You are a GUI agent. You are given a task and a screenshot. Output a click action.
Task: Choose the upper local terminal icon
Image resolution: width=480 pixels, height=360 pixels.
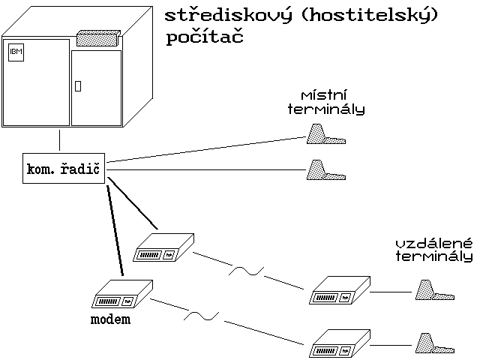(x=325, y=135)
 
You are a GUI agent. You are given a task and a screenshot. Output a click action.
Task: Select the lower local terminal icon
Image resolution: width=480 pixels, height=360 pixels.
(x=324, y=171)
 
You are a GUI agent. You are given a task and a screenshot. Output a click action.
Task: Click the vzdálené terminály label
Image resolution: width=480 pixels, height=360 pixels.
(x=434, y=250)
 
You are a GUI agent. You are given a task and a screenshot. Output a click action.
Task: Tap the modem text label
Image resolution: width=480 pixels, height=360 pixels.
(x=110, y=319)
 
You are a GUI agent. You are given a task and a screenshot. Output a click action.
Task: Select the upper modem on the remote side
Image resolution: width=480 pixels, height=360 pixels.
(x=339, y=291)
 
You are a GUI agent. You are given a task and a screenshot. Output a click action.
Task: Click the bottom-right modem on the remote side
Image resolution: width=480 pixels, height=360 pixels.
(x=339, y=344)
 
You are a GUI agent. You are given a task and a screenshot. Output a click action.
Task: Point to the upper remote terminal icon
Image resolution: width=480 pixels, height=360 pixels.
(x=433, y=291)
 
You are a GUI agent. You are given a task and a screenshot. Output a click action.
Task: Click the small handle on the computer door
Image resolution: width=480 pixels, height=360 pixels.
(x=77, y=85)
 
